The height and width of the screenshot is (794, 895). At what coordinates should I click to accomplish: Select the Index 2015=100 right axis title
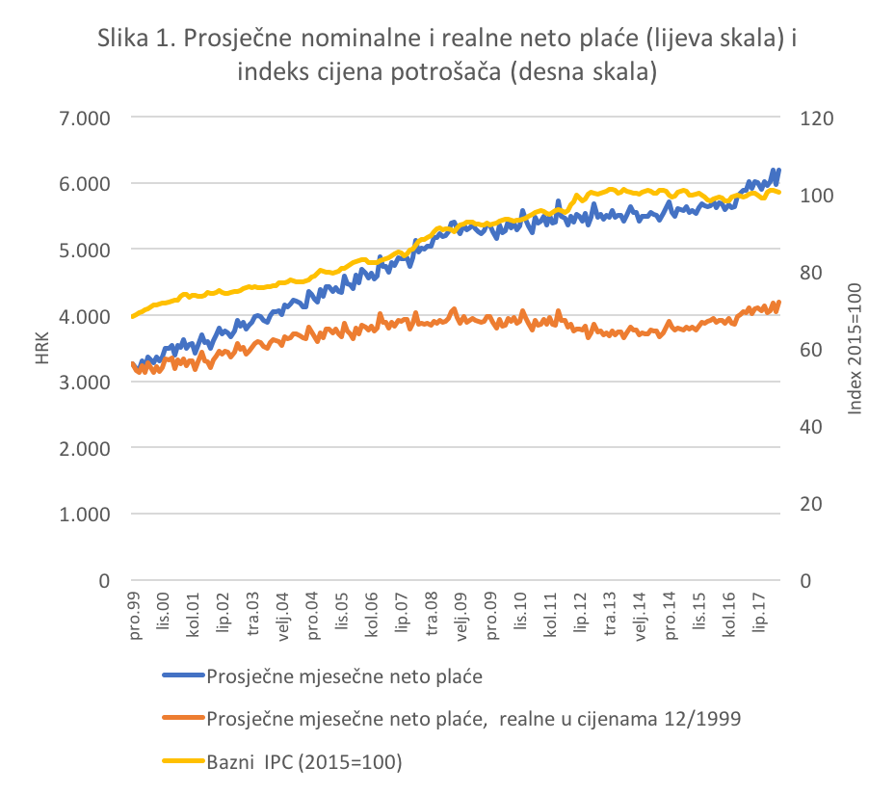point(854,350)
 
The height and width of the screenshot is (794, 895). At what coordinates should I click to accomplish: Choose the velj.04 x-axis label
point(283,618)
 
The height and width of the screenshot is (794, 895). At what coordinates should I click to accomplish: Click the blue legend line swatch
point(183,675)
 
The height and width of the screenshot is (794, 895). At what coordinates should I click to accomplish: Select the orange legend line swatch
point(183,718)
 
